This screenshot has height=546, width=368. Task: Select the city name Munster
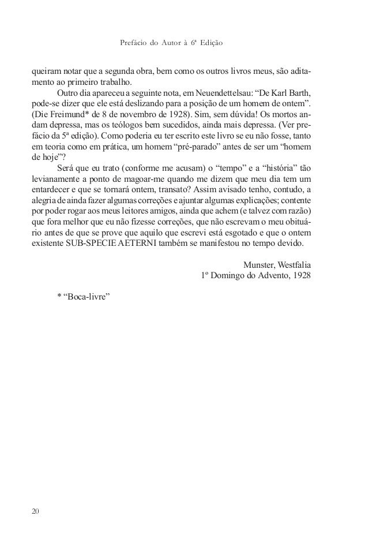260,265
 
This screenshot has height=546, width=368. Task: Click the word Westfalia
295,265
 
